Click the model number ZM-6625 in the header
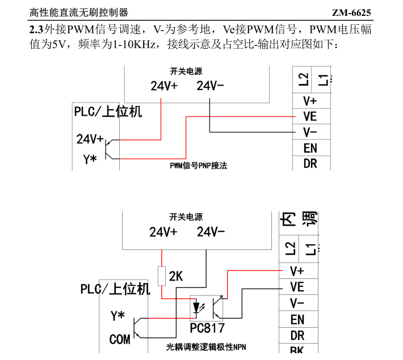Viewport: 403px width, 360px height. pyautogui.click(x=351, y=12)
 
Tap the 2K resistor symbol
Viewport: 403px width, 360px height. pyautogui.click(x=161, y=276)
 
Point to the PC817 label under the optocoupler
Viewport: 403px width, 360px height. pyautogui.click(x=207, y=328)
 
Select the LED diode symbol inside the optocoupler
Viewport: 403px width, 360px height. pyautogui.click(x=196, y=307)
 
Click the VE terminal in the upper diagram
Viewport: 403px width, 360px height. pyautogui.click(x=310, y=116)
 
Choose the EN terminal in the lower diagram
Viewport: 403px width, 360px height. pyautogui.click(x=297, y=320)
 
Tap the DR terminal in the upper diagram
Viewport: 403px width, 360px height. pyautogui.click(x=310, y=164)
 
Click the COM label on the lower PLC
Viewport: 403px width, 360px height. pyautogui.click(x=120, y=339)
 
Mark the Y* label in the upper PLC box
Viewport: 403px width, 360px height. pyautogui.click(x=90, y=159)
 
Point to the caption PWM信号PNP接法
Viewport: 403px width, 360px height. pyautogui.click(x=199, y=166)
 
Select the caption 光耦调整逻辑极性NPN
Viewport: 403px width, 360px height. pyautogui.click(x=206, y=347)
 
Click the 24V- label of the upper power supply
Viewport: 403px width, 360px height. pyautogui.click(x=210, y=86)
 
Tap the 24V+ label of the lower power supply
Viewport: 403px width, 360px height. pyautogui.click(x=163, y=232)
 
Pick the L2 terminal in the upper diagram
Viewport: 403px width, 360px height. pyautogui.click(x=303, y=79)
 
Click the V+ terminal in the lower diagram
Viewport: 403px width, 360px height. pyautogui.click(x=297, y=271)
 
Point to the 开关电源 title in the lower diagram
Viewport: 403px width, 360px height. pyautogui.click(x=186, y=217)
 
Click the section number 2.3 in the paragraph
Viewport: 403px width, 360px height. pyautogui.click(x=36, y=29)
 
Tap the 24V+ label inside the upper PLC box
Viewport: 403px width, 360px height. pyautogui.click(x=90, y=139)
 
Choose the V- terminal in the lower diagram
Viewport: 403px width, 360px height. pyautogui.click(x=297, y=303)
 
